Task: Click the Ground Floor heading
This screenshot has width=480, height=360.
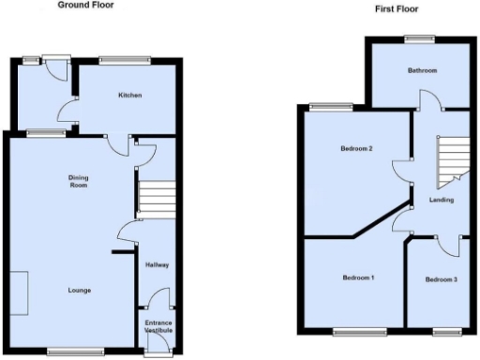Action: (86, 5)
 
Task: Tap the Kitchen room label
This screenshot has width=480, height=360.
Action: (130, 96)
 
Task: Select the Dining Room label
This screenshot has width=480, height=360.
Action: (78, 181)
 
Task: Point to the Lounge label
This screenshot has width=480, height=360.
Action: (79, 290)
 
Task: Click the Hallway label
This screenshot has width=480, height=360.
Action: (157, 265)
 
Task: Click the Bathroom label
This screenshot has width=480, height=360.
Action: (422, 71)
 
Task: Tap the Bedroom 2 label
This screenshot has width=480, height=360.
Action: (357, 149)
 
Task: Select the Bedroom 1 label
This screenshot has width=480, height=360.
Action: (358, 278)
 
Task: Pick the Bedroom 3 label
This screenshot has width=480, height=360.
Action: (441, 279)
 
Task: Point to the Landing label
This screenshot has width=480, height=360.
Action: (442, 200)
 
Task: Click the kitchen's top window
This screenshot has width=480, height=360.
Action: (125, 60)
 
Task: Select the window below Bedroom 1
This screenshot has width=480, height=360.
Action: (352, 331)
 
